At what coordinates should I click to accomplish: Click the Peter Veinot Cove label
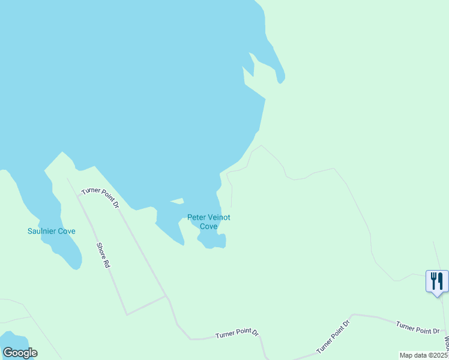pos(208,222)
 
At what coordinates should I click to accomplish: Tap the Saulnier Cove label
pos(52,231)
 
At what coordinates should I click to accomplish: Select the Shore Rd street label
pos(103,255)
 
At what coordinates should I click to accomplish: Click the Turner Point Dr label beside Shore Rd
pos(101,197)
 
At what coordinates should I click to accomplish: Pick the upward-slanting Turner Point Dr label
pos(333,337)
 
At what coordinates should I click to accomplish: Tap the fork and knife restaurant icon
pos(436,281)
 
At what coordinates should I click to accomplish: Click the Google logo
pos(20,353)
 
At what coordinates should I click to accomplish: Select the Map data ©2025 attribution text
pos(423,355)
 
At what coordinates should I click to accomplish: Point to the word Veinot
pos(218,218)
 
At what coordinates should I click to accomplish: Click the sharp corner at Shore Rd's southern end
pos(127,314)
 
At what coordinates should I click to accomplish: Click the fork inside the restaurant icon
pos(433,280)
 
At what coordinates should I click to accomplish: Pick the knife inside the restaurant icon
pos(440,280)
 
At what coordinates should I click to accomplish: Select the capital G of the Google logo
pos(8,353)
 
